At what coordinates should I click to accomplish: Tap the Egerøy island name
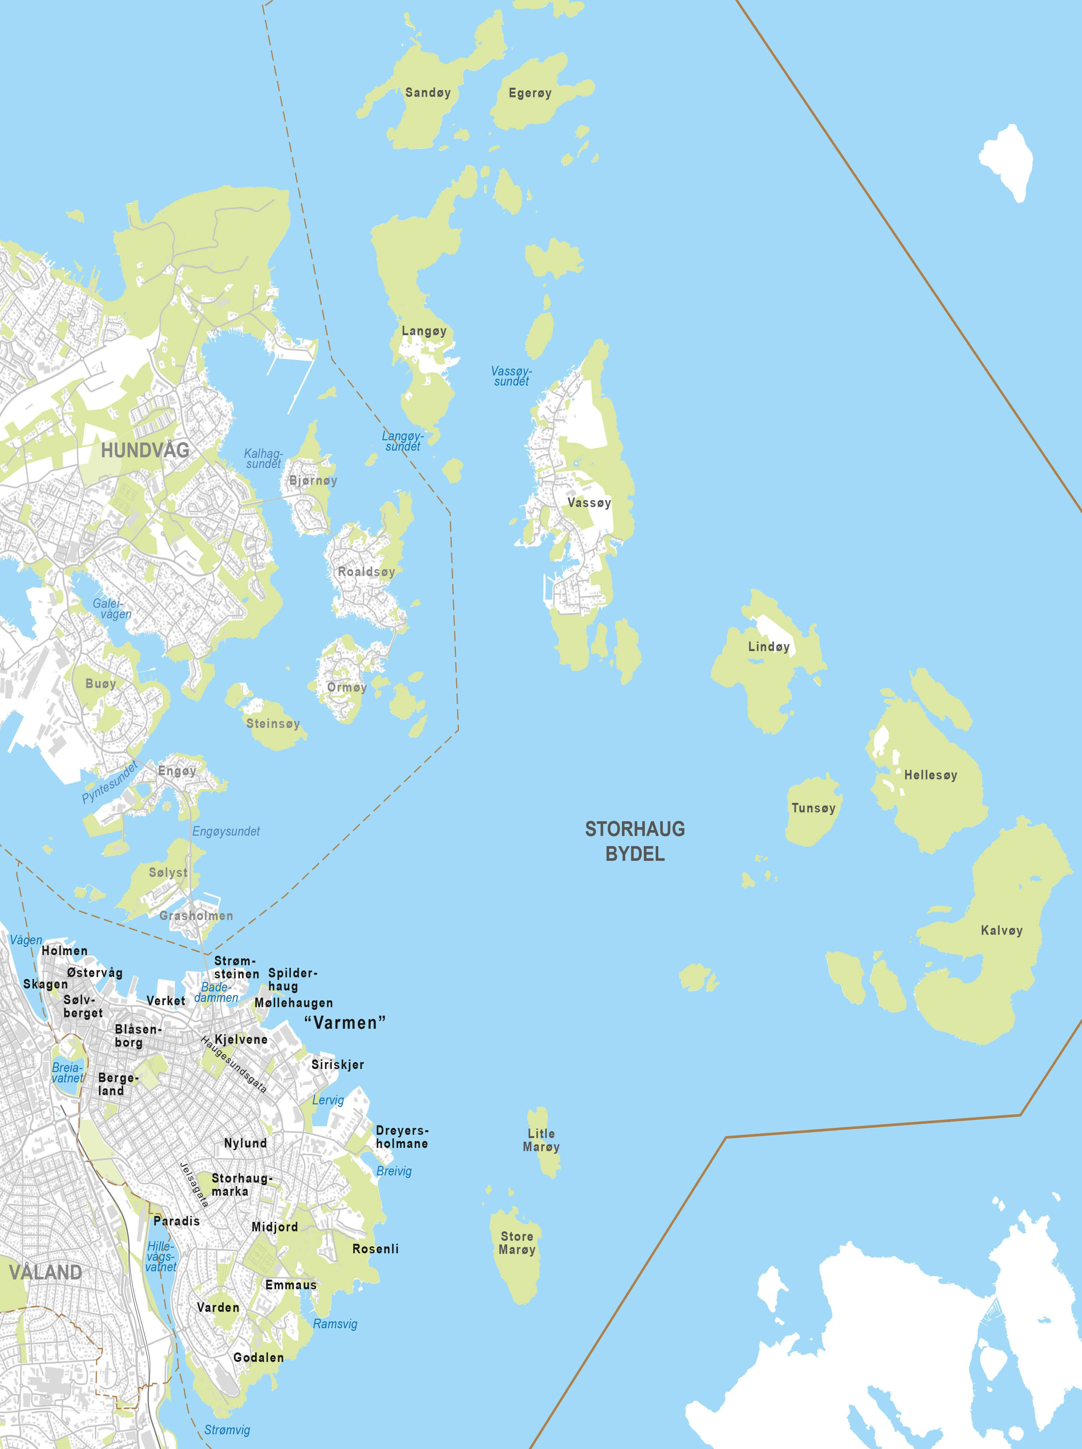tap(530, 93)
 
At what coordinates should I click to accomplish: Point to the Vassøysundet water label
tap(511, 376)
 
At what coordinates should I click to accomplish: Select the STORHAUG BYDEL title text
tap(635, 841)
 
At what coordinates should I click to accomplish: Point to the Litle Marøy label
tap(541, 1140)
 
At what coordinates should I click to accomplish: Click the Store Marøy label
tap(517, 1243)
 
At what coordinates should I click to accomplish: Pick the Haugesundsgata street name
tap(234, 1064)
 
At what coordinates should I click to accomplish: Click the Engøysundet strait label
tap(226, 831)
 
